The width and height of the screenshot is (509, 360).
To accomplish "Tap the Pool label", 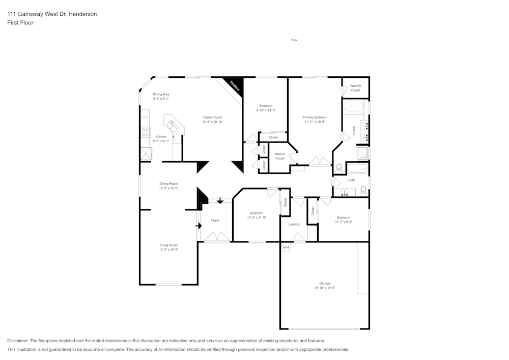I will pos(294,40).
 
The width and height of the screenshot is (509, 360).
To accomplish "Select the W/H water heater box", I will pos(286,248).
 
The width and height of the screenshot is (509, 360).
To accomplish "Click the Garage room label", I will pos(325,283).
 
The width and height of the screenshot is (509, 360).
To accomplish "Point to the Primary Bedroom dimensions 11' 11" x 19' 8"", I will pos(315,122).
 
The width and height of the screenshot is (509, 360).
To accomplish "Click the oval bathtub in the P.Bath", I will pos(353,106).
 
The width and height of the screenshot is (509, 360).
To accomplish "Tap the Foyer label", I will pos(215,220).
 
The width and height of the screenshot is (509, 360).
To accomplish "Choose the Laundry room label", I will pos(294,224).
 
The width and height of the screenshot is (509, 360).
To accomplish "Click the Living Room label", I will pos(168,245).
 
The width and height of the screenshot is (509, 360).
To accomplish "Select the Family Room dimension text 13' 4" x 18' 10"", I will pos(213,122).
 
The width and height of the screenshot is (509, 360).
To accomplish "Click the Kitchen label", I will pos(161,136).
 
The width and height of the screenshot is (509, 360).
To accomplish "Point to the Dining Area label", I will pos(161,94).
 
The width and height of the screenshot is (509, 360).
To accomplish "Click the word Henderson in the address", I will pos(82,14).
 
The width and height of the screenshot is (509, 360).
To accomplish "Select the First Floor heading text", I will pos(20,23).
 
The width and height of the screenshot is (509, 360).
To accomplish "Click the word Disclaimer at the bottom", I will pos(18,341).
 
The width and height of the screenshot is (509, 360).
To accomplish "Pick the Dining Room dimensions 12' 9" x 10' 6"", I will pos(168,188).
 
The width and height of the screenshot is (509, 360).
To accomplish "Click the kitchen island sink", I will pos(172,123).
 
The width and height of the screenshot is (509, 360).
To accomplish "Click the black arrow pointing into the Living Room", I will pos(199,225).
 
